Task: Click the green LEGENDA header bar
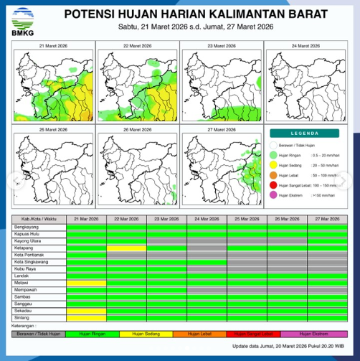(305, 133)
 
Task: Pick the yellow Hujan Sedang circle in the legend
(273, 164)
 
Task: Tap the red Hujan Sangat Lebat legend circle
(273, 185)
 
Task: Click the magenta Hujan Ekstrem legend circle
(273, 195)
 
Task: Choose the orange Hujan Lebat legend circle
(273, 174)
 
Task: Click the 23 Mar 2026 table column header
(167, 218)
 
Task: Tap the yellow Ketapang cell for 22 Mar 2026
(126, 248)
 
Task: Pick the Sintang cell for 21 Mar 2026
(86, 317)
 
